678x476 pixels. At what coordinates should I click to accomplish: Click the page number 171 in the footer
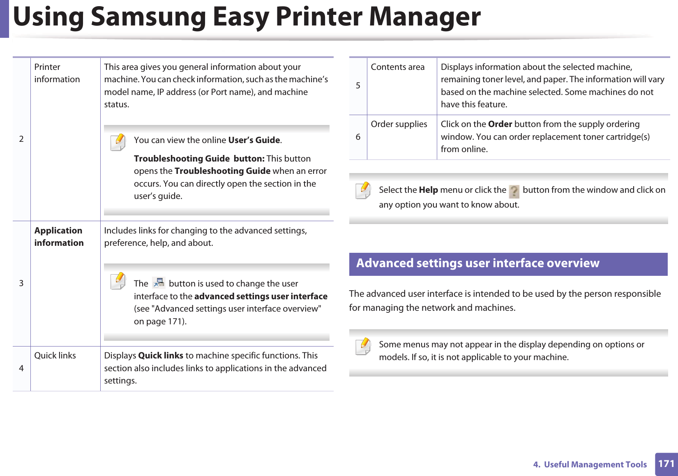pos(666,464)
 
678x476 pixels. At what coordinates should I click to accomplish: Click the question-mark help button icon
pos(514,192)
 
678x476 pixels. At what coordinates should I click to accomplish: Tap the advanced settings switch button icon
pos(159,283)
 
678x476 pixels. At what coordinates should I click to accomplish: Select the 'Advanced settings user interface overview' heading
pos(477,263)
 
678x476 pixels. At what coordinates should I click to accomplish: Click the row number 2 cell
pos(21,139)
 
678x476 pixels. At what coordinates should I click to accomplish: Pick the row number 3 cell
pos(21,283)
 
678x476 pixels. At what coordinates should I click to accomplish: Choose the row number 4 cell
pos(21,368)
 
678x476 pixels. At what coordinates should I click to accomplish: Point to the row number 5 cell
pos(358,85)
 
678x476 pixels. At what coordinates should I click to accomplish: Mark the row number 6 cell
pos(358,137)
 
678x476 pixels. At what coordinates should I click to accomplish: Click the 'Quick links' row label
pos(55,356)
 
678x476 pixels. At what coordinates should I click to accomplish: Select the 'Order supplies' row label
pos(399,124)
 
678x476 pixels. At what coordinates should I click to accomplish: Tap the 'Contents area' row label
pos(398,67)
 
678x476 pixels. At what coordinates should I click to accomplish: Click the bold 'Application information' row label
pos(59,237)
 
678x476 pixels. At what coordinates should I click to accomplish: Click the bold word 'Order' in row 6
pos(500,124)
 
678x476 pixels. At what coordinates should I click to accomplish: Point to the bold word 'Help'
pos(428,190)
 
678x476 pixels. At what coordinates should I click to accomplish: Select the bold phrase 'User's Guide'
pos(254,140)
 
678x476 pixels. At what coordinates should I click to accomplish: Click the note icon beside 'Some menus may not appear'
pos(363,347)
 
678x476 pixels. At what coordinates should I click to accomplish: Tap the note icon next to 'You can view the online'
pos(118,142)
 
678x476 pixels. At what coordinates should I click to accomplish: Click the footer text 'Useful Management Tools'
pos(595,464)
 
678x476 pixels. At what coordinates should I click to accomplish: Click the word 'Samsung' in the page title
pos(148,17)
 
